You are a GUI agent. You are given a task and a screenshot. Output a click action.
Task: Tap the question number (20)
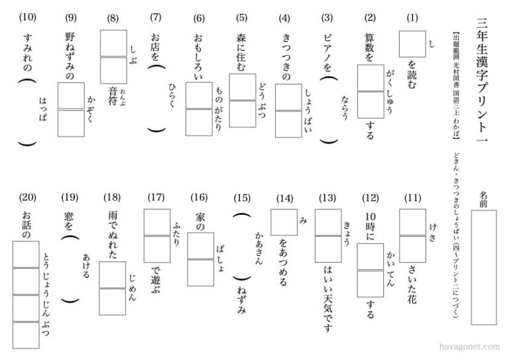27,197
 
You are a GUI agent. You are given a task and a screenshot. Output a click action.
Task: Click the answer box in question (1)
412,45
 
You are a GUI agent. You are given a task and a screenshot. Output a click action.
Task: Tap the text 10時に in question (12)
370,227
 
